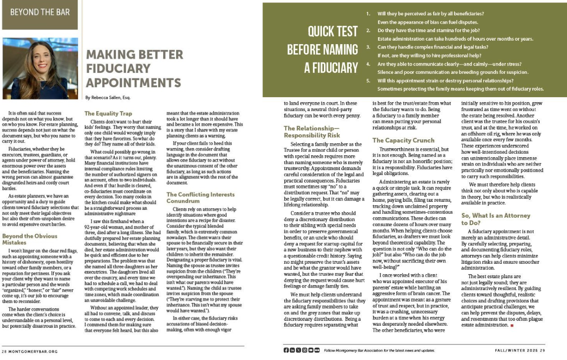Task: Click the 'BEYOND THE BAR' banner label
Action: (39, 12)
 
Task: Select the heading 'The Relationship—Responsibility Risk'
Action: (312, 132)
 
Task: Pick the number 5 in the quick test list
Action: (368, 80)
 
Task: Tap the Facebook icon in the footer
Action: (286, 350)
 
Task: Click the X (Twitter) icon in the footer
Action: (298, 350)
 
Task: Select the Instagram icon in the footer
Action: (304, 350)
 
